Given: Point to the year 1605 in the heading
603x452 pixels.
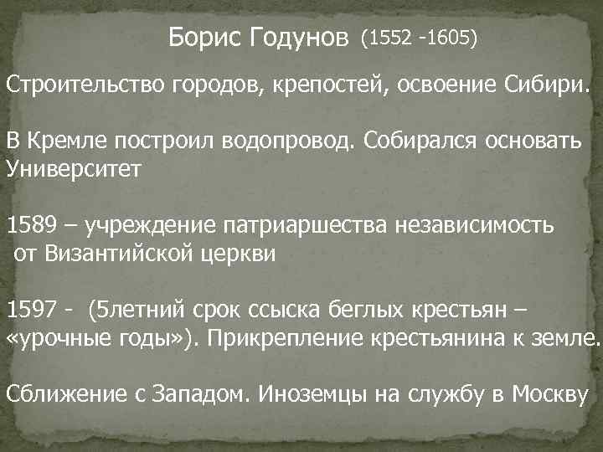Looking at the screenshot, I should pos(450,39).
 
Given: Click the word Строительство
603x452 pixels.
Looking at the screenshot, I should pos(85,85).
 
